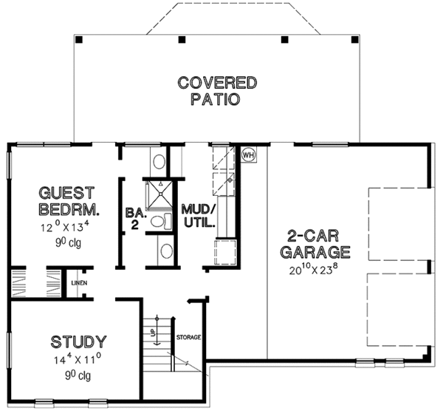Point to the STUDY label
coord(78,342)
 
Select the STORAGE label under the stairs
coord(189,337)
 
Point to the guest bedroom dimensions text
coord(69,225)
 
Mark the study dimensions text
coord(78,363)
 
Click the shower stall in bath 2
coord(157,194)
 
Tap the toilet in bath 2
coord(157,221)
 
